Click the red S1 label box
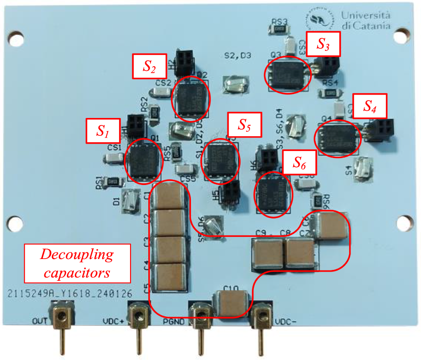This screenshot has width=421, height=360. pos(104,130)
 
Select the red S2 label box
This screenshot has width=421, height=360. pos(149,67)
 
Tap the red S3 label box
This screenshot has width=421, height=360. pos(322,44)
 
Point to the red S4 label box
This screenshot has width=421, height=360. pos(370,105)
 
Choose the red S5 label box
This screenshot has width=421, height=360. pos(244,125)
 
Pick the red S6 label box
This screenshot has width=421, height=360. pos(299,163)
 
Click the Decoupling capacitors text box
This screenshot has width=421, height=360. pos(77,263)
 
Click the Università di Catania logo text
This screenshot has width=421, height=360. pos(365,20)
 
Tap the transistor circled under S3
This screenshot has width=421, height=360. pos(287,74)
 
